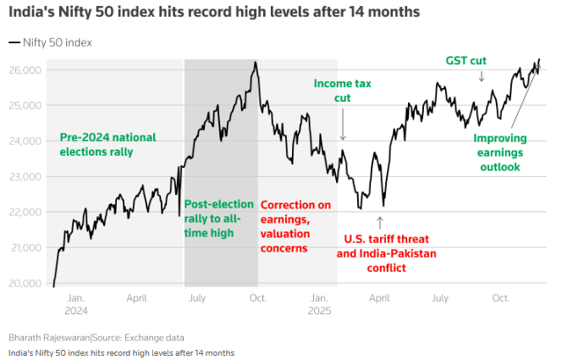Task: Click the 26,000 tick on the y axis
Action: click(26, 70)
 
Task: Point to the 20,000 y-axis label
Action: click(26, 284)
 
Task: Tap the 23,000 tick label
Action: click(26, 177)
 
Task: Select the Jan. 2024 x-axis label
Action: click(76, 304)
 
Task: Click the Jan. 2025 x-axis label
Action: click(318, 304)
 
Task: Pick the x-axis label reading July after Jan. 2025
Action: click(439, 298)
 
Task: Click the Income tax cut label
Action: click(343, 91)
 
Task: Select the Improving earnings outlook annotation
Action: click(499, 152)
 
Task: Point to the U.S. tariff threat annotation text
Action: click(377, 253)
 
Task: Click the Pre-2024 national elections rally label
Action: click(108, 145)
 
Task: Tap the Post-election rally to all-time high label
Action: click(218, 219)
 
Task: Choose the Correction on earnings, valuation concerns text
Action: click(295, 226)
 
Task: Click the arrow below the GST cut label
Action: click(482, 76)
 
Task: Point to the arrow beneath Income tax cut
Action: click(343, 128)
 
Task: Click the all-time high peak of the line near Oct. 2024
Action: click(254, 62)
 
